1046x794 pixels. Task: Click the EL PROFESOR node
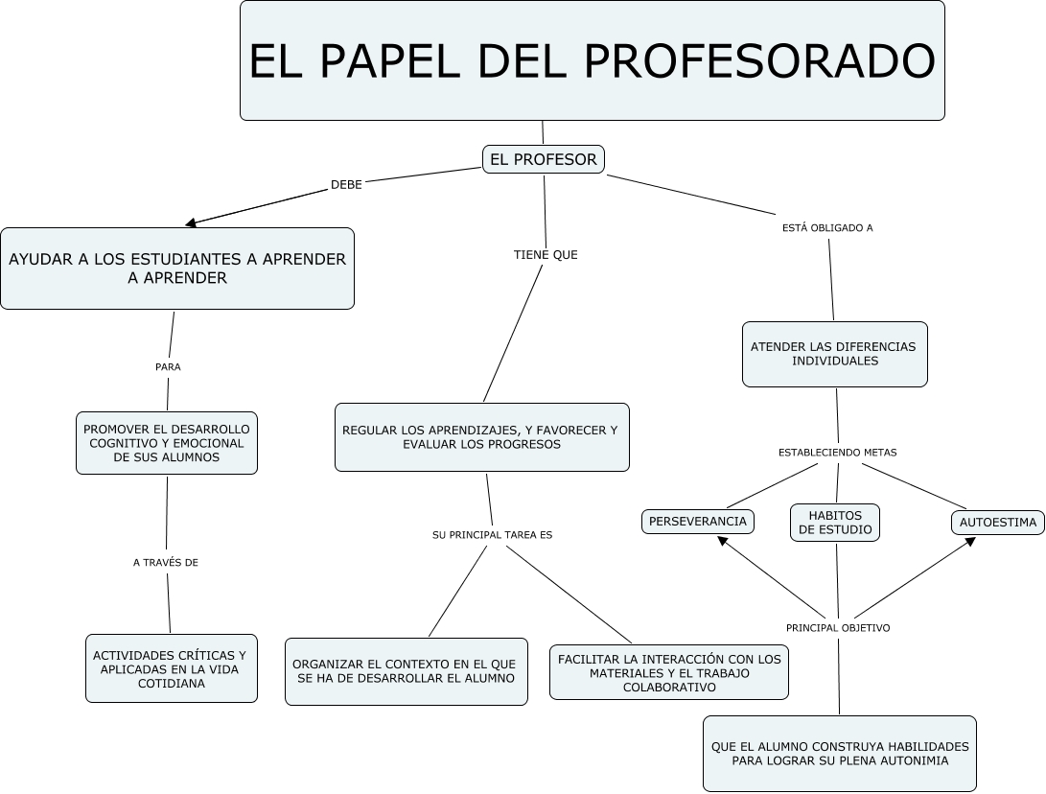pyautogui.click(x=543, y=159)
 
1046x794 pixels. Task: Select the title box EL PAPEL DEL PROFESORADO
pyautogui.click(x=593, y=60)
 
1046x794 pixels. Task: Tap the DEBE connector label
pyautogui.click(x=346, y=185)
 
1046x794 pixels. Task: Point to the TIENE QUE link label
pyautogui.click(x=546, y=255)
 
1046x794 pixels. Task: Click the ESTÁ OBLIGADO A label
pyautogui.click(x=827, y=228)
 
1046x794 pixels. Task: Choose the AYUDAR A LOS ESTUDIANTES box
pyautogui.click(x=177, y=269)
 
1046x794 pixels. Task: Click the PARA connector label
pyautogui.click(x=168, y=367)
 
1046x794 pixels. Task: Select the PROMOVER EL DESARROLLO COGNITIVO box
pyautogui.click(x=167, y=443)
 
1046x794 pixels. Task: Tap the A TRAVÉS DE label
pyautogui.click(x=166, y=563)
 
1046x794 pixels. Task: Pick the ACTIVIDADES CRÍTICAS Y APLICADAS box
pyautogui.click(x=172, y=668)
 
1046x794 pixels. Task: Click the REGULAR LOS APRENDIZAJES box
pyautogui.click(x=481, y=437)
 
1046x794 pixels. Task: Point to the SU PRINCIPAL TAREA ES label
pyautogui.click(x=492, y=535)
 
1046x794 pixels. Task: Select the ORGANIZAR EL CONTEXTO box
pyautogui.click(x=407, y=671)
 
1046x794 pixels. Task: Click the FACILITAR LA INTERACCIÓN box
pyautogui.click(x=669, y=672)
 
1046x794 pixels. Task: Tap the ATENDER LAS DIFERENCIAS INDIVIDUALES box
pyautogui.click(x=834, y=354)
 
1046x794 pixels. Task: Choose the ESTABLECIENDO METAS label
pyautogui.click(x=837, y=453)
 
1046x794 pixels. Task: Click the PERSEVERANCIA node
pyautogui.click(x=698, y=521)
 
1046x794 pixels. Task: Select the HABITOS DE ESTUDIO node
pyautogui.click(x=835, y=523)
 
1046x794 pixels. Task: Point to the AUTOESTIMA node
pyautogui.click(x=998, y=523)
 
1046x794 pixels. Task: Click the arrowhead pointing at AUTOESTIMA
pyautogui.click(x=970, y=541)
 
